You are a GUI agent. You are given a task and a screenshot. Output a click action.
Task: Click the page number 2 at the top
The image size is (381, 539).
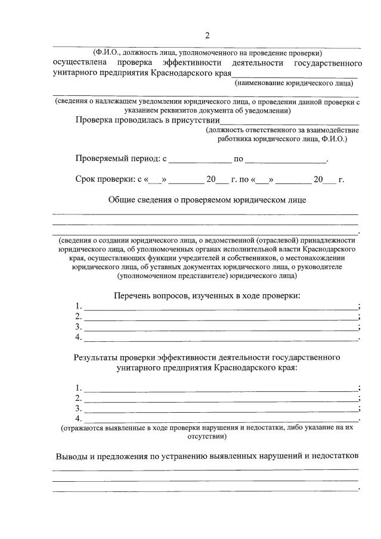tap(207, 36)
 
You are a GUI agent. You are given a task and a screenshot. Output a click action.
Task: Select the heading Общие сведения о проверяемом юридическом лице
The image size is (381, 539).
tap(207, 200)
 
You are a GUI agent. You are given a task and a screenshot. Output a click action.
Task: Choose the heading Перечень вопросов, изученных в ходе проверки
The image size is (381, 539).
tap(207, 295)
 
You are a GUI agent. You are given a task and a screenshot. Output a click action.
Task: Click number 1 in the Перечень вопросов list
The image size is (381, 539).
tap(78, 306)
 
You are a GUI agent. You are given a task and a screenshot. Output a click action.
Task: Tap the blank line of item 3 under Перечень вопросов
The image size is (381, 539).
tap(221, 328)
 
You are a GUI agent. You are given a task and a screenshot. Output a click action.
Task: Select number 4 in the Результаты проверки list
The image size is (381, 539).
tap(78, 419)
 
